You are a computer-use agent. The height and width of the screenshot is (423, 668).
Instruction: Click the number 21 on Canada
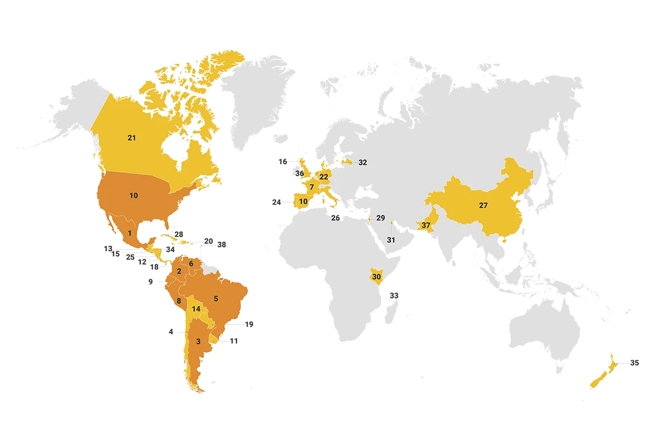click(x=131, y=138)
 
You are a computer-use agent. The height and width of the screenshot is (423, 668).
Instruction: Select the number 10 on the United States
click(x=134, y=196)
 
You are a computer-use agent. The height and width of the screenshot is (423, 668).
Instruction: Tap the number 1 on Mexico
click(x=130, y=233)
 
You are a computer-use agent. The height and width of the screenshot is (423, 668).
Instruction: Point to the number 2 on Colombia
click(x=179, y=271)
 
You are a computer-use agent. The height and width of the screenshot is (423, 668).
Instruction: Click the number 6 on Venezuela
click(x=191, y=263)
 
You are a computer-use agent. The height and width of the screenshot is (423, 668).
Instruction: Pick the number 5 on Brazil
click(x=216, y=297)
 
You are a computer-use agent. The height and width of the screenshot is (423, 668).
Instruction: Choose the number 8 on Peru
click(x=179, y=302)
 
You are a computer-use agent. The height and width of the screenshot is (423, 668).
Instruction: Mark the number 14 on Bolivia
click(x=195, y=309)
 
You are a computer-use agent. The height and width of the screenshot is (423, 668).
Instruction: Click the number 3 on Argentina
click(x=198, y=341)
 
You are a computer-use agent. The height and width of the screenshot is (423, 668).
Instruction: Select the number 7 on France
click(x=312, y=187)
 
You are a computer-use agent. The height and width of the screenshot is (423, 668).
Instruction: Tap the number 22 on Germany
click(x=324, y=177)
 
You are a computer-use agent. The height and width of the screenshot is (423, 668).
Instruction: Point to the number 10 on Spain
click(x=303, y=201)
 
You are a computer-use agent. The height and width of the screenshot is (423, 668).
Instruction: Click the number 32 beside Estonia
click(x=363, y=163)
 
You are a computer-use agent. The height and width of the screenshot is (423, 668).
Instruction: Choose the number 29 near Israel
click(x=381, y=218)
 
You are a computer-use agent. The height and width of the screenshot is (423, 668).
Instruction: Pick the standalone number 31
click(x=391, y=240)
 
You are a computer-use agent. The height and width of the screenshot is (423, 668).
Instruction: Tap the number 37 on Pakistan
click(x=426, y=225)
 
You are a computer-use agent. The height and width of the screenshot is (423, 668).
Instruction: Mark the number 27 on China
click(x=483, y=206)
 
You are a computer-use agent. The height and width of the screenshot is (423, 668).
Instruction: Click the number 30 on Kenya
click(x=376, y=277)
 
